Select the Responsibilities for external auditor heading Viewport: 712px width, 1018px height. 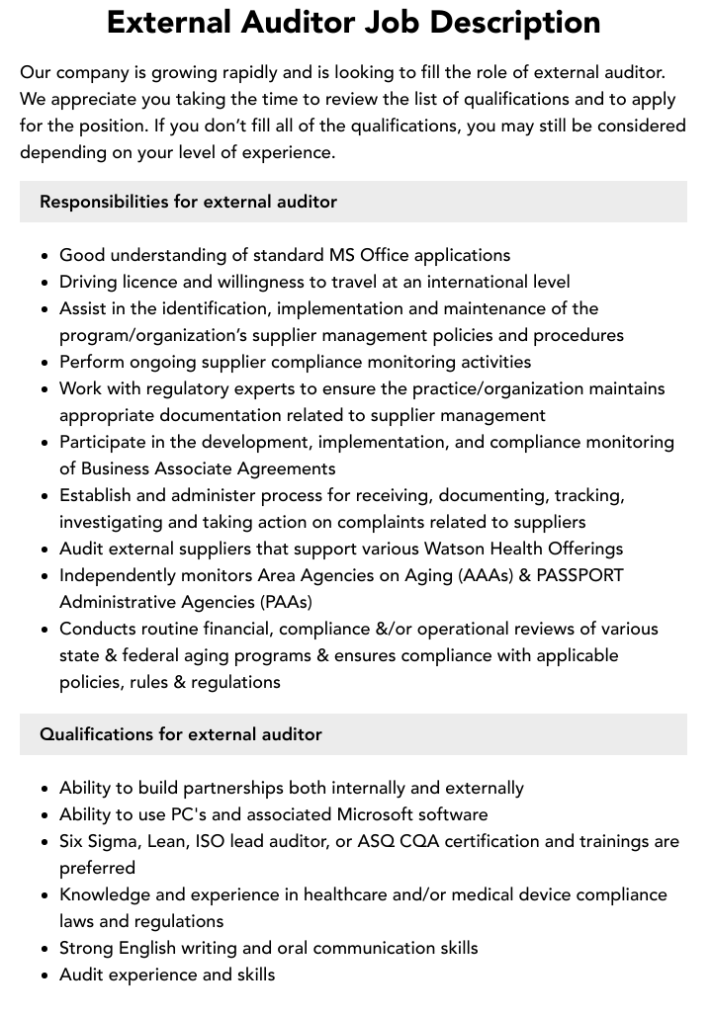(x=188, y=202)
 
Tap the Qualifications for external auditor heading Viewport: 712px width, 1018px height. (x=181, y=734)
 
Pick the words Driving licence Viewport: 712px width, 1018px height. (x=117, y=282)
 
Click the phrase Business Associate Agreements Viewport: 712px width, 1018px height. (x=208, y=468)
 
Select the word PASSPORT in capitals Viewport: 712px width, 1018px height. (x=579, y=575)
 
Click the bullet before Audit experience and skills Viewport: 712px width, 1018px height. (x=45, y=976)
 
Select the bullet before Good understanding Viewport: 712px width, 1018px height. (x=45, y=256)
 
